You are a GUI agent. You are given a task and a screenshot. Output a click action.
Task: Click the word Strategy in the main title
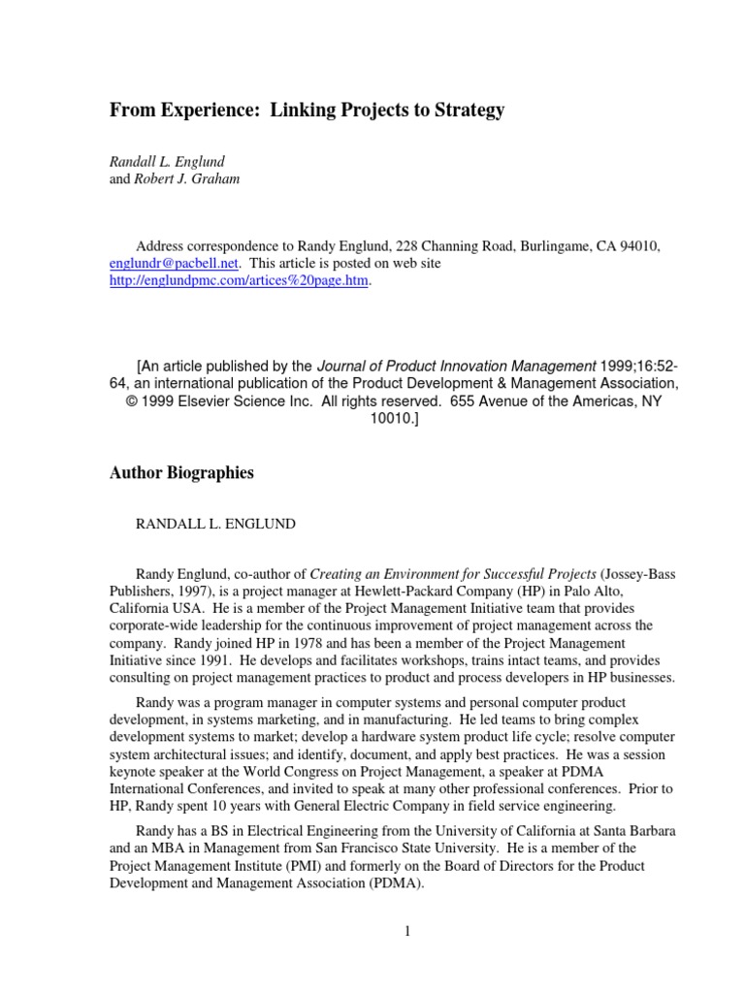point(465,111)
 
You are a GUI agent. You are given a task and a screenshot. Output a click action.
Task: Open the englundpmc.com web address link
point(239,281)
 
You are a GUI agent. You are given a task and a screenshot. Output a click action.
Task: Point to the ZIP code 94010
point(639,246)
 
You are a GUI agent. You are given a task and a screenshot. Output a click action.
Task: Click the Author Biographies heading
point(181,473)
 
